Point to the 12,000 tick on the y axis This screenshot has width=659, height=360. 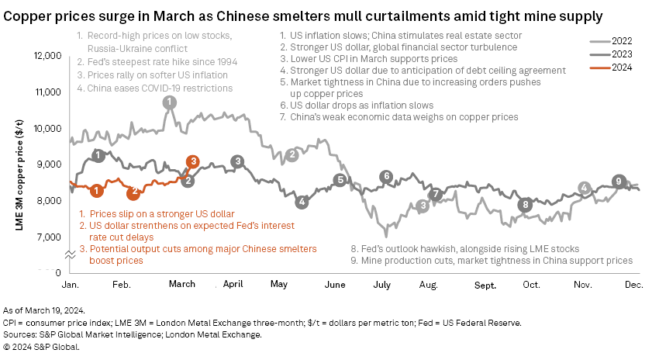pos(47,57)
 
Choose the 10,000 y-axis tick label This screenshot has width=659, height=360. pos(47,129)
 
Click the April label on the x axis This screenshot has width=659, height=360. pos(233,285)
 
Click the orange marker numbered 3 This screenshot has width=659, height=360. pos(193,161)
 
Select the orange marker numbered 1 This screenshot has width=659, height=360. pos(95,190)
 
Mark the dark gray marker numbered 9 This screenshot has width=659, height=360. pos(618,182)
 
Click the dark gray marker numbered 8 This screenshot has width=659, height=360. pos(526,205)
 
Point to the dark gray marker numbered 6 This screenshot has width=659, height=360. pos(386,177)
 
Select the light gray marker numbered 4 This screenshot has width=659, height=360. pos(585,188)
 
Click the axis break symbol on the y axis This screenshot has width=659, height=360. pos(71,254)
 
